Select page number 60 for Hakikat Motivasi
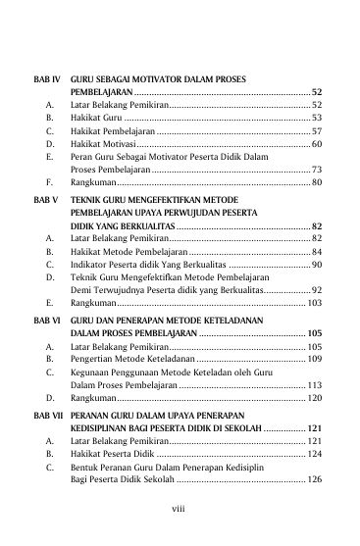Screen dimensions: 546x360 point(317,144)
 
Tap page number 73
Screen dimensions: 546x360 point(317,170)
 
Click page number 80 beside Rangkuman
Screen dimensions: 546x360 point(317,182)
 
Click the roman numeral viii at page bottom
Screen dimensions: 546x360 point(180,521)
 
